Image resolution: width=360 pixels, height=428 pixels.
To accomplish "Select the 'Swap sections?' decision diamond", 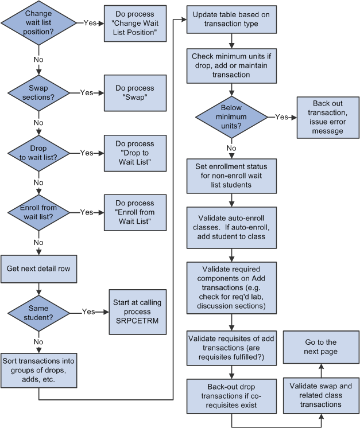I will pos(38,92).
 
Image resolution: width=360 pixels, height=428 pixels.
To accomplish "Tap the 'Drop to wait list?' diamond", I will pos(38,153).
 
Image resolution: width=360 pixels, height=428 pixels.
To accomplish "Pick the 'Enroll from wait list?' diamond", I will pos(38,212).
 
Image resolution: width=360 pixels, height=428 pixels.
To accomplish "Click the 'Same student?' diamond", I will pos(38,312).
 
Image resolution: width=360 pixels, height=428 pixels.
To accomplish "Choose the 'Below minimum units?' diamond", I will pos(231,116).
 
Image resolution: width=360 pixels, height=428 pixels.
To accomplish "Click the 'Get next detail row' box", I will pos(38,269).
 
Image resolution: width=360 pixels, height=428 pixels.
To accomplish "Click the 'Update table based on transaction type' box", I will pos(231,20).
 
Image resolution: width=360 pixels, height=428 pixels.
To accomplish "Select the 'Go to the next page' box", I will pos(321,347).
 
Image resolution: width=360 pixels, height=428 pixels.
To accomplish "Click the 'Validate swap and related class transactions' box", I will pos(321,395).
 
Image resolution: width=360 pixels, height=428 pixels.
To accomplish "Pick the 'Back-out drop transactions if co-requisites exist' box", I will pos(231,395).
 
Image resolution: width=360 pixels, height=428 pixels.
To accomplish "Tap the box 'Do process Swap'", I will pos(135,92).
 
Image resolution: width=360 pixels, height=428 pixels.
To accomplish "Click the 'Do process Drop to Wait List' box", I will pos(135,153).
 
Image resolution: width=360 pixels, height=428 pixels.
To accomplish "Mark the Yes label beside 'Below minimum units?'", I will pos(281,116).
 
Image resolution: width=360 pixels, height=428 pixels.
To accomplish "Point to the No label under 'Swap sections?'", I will pos(38,122).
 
